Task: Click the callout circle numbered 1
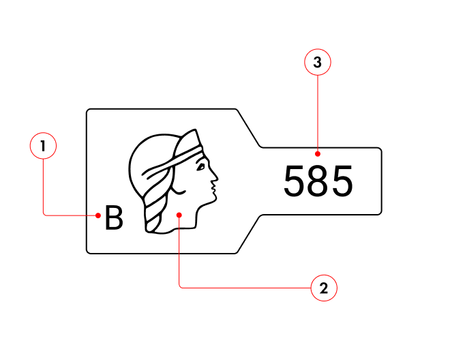click(x=43, y=146)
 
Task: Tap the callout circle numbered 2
click(x=324, y=288)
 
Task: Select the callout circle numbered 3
click(x=318, y=62)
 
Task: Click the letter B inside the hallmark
click(x=114, y=217)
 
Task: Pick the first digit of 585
click(x=294, y=181)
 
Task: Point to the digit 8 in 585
click(x=318, y=181)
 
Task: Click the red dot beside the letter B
click(x=98, y=215)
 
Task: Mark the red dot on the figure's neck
click(x=179, y=215)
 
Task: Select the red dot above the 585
click(x=318, y=154)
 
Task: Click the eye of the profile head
click(x=200, y=167)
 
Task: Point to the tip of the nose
click(x=217, y=178)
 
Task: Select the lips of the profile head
click(x=213, y=187)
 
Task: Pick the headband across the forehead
click(x=172, y=162)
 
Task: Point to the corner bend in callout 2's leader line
click(x=179, y=287)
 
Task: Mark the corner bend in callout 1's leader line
click(x=44, y=215)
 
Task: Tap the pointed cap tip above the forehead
click(x=195, y=130)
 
